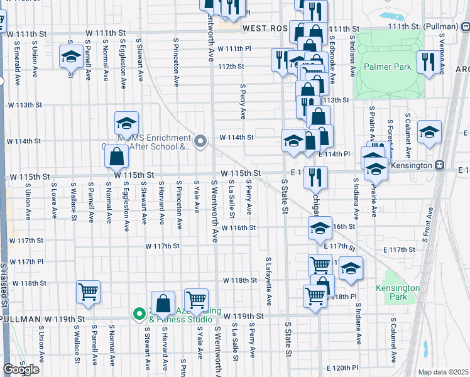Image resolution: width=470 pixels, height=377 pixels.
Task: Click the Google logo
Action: click(x=21, y=369)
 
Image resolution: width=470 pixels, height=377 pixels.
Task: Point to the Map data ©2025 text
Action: click(x=444, y=372)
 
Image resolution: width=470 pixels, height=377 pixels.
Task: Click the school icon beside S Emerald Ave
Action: click(x=71, y=58)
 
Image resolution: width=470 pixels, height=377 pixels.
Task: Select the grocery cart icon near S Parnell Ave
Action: click(x=88, y=292)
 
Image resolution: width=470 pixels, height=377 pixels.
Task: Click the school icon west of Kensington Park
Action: click(x=351, y=268)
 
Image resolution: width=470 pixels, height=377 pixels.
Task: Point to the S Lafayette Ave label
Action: click(x=268, y=280)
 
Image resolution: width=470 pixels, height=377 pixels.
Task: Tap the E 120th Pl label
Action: click(x=342, y=367)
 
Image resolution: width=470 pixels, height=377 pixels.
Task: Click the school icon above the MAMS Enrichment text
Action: click(x=126, y=123)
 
